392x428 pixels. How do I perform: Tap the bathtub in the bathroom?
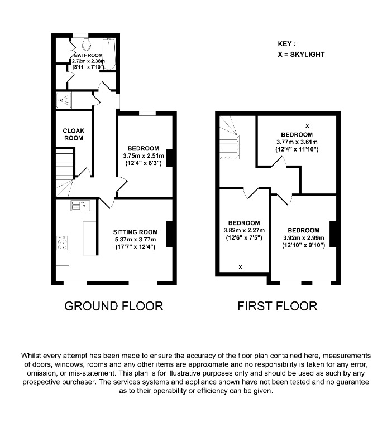tap(109, 54)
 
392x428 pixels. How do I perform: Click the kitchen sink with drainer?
tap(82, 206)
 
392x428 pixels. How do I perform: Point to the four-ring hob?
tap(61, 244)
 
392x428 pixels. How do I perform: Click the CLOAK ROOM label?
tap(73, 134)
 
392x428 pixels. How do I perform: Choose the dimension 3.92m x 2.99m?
tap(303, 237)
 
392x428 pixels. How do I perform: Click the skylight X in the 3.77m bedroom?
tap(307, 125)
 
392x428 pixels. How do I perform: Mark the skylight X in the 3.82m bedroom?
tap(240, 267)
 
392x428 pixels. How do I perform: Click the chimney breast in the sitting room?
tap(169, 234)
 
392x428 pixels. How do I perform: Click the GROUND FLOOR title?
tap(114, 306)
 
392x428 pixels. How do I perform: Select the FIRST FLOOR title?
tap(277, 306)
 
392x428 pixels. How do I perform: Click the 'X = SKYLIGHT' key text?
tap(301, 55)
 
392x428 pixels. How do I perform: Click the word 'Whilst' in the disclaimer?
tap(32, 356)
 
